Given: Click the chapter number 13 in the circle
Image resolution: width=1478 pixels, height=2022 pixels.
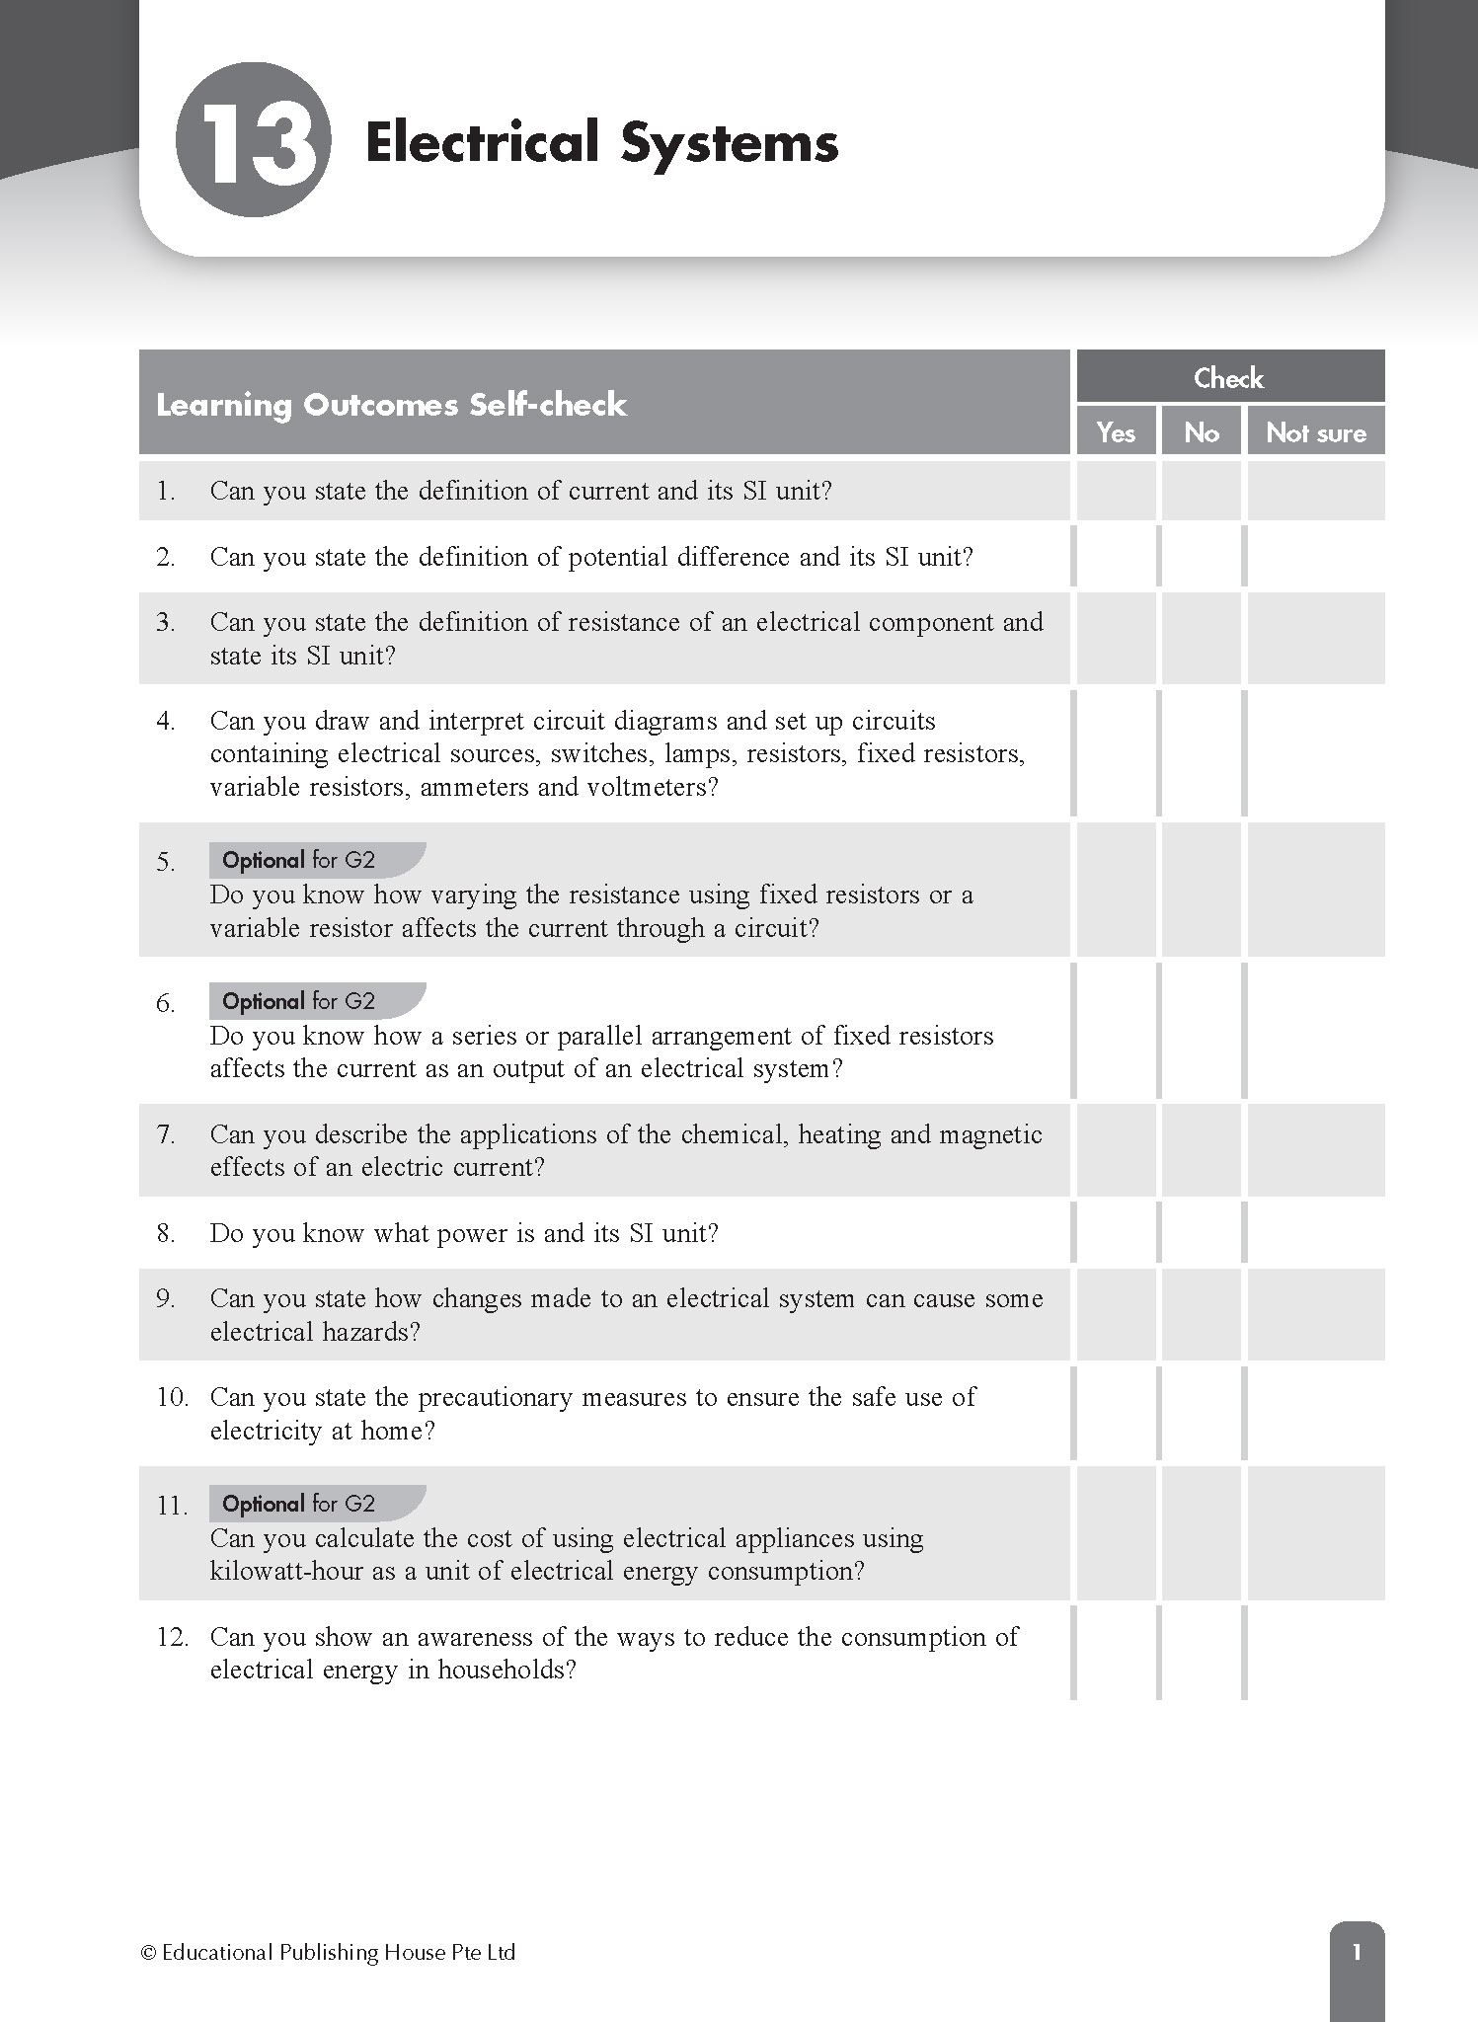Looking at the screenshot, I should coord(253,140).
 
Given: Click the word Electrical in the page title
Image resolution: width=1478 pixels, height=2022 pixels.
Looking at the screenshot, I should coord(483,142).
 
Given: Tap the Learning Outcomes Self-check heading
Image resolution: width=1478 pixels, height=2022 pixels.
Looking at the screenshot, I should coord(391,405).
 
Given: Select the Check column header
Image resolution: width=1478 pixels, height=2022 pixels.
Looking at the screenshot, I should coord(1228,377).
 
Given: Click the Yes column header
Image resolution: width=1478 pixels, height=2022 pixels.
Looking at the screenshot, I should coord(1116,432).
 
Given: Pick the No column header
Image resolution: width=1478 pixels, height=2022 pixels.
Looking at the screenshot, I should coord(1201,432).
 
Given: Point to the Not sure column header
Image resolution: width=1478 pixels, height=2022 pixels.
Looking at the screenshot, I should coord(1315,432).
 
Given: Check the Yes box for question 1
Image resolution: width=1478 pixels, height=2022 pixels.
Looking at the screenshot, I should coord(1116,491).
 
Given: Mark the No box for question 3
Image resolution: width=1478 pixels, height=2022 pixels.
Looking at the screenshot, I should coord(1201,639).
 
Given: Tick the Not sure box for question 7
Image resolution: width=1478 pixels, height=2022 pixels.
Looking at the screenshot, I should coord(1315,1150).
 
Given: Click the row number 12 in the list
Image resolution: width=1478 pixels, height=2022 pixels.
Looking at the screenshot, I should coord(172,1637).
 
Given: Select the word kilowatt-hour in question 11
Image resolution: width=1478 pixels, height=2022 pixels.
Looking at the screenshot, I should coord(286,1571).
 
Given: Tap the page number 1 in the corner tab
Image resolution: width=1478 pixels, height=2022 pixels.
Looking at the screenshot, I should coord(1357,1952).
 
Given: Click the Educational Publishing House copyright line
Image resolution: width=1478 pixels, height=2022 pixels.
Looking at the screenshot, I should coord(328,1952).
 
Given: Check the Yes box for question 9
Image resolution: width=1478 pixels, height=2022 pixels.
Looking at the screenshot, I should coord(1116,1314).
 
